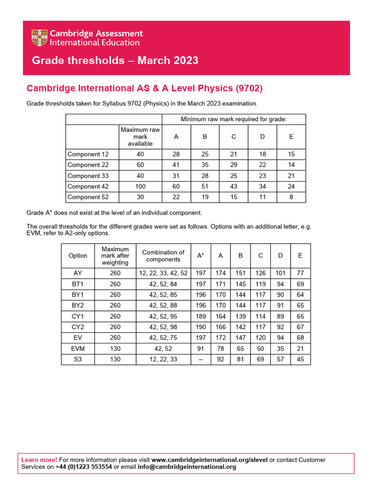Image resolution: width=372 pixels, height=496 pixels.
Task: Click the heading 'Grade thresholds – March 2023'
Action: coord(115,61)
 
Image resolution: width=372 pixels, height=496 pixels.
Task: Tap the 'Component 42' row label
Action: coord(88,186)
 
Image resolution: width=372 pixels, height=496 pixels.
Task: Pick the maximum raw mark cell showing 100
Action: coord(140,186)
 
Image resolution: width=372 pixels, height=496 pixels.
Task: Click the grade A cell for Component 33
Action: coord(176,176)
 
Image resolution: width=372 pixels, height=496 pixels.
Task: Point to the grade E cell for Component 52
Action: coord(291,197)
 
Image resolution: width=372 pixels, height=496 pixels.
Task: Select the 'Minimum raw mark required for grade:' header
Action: coord(233,119)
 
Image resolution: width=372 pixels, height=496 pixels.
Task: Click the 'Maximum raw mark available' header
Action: coord(140,137)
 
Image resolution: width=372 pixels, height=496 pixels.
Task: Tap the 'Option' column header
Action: coord(78,256)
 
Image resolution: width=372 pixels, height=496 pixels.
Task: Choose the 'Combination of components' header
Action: coord(163,256)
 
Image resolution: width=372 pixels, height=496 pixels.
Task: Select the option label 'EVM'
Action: coord(78,348)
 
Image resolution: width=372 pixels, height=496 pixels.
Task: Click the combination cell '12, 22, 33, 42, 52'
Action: coord(163,273)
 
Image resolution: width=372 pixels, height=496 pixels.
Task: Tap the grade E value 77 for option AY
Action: coord(300,273)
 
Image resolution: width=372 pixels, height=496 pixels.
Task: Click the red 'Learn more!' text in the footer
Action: coord(39,460)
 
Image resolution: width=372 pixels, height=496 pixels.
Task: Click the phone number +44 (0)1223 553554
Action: coord(84,467)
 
